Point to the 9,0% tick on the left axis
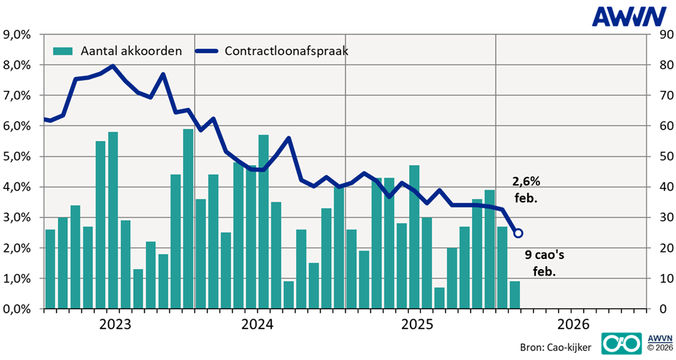pos(20,34)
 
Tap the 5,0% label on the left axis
pos(20,157)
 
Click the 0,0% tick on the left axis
pos(20,309)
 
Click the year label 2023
pos(115,324)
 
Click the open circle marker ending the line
pos(519,233)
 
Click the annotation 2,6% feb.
pos(526,190)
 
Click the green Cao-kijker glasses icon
pos(619,344)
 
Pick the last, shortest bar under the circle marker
pos(514,295)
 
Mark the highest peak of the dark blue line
pos(113,66)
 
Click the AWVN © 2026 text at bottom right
pos(660,343)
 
